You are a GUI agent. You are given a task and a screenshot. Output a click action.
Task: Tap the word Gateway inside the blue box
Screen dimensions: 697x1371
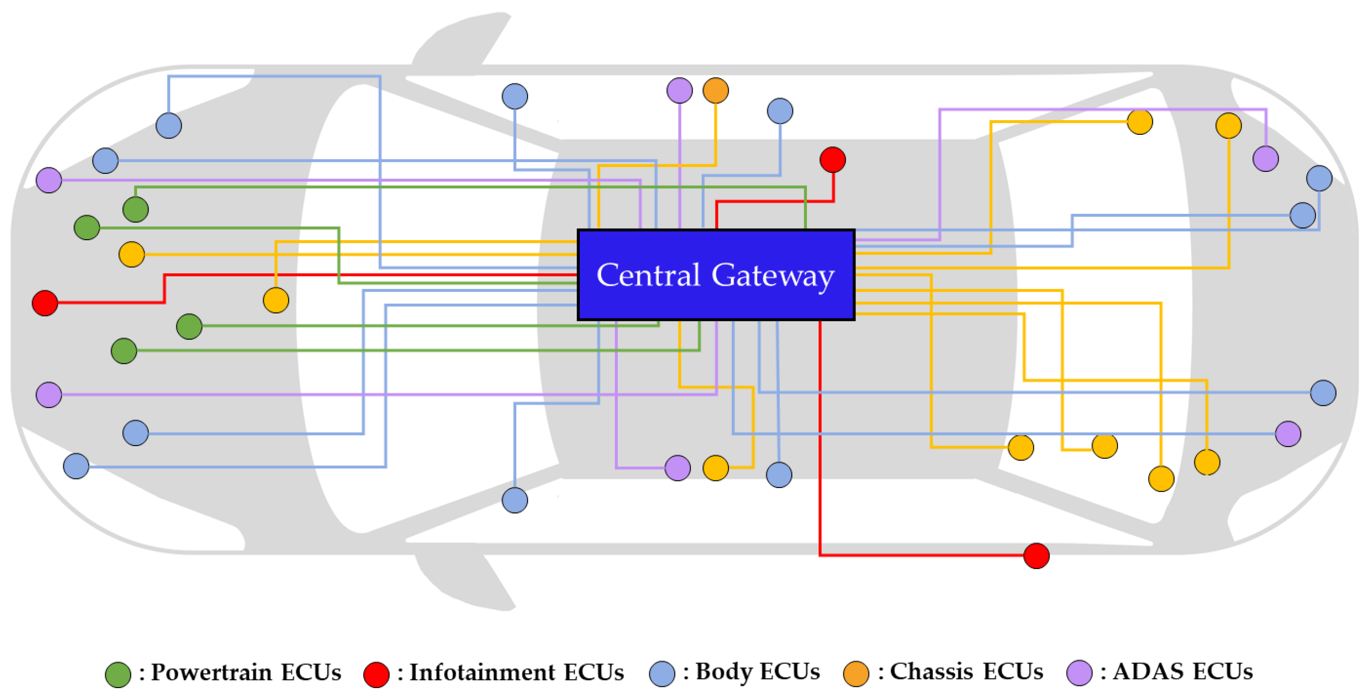click(773, 275)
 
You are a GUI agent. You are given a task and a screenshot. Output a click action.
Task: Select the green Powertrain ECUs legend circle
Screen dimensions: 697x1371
click(118, 675)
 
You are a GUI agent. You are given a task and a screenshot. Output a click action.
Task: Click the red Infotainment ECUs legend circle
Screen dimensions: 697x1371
click(376, 675)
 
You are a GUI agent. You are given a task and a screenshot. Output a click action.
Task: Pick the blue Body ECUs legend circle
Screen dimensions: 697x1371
click(662, 674)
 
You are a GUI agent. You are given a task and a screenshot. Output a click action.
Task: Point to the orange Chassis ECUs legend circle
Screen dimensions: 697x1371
click(856, 674)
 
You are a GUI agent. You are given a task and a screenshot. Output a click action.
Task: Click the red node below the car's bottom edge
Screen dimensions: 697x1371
click(1036, 556)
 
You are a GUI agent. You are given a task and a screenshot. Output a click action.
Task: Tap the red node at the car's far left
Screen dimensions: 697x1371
click(45, 303)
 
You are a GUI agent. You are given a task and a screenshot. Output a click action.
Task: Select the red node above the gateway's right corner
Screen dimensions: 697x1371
click(832, 160)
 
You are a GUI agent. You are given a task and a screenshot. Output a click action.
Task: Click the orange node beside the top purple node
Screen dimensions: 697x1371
click(715, 91)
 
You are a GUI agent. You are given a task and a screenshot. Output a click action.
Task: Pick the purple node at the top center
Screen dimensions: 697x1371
click(679, 91)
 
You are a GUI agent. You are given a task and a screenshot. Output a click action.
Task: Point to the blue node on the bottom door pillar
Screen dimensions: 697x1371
click(515, 500)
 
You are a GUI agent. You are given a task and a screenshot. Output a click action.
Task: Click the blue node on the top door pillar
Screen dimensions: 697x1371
click(515, 96)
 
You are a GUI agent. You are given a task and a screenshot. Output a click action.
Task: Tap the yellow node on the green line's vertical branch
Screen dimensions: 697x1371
click(276, 301)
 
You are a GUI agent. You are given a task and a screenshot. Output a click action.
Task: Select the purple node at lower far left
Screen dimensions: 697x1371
click(49, 395)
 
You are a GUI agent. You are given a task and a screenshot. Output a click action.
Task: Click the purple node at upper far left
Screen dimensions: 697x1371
click(49, 180)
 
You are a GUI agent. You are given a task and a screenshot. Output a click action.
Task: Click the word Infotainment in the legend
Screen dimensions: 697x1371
click(482, 672)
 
